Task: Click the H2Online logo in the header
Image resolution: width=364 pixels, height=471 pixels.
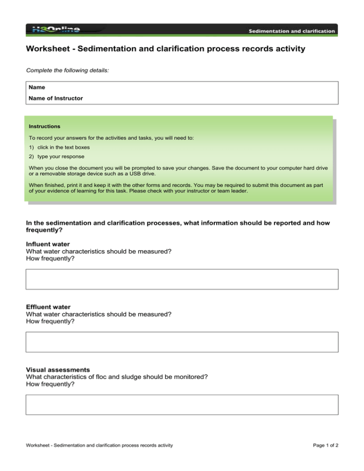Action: click(x=56, y=29)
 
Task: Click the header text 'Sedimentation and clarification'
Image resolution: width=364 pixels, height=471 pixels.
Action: click(x=292, y=31)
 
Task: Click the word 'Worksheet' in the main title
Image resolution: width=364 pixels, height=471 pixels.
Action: click(x=49, y=49)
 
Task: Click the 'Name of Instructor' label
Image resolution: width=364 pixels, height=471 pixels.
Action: click(x=55, y=98)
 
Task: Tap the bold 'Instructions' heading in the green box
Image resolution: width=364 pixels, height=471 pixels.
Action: click(x=45, y=127)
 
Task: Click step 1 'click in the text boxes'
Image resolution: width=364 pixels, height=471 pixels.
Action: click(x=66, y=147)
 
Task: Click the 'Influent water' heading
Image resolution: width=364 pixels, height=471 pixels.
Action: click(x=47, y=244)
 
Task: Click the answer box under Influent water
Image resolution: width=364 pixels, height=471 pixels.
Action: click(x=182, y=279)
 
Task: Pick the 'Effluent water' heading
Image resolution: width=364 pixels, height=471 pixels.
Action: click(x=48, y=307)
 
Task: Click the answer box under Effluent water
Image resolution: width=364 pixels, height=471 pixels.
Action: click(x=182, y=342)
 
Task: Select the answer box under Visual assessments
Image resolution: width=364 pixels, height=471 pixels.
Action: click(x=182, y=405)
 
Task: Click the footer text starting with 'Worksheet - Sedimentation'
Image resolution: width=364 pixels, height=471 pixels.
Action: click(x=99, y=445)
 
